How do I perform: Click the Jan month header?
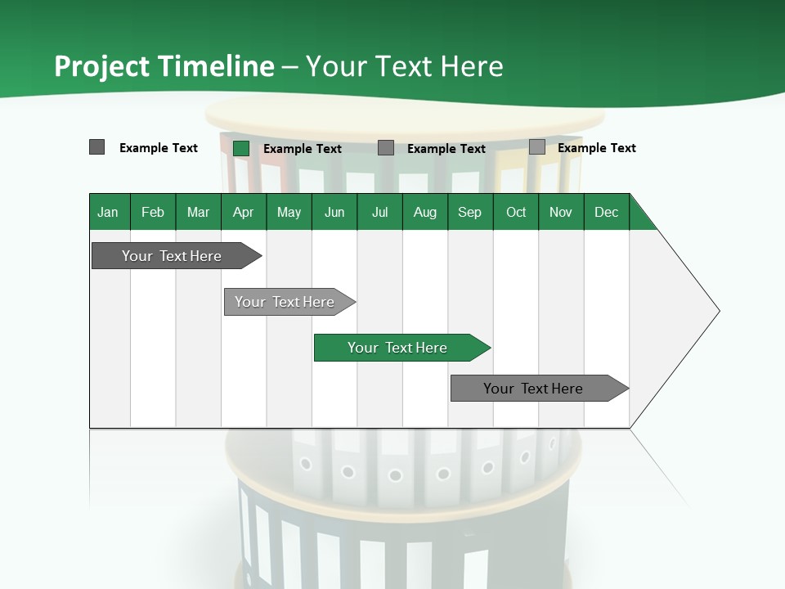108,212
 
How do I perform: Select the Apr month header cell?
243,212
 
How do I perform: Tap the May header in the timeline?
289,212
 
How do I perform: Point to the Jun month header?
334,212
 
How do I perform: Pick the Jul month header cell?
379,212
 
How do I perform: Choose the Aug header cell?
424,212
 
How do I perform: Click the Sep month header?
469,212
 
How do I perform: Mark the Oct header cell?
516,212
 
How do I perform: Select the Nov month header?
561,212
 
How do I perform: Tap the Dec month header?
606,212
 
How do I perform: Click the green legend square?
241,148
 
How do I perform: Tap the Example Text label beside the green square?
303,148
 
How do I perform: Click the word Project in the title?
101,66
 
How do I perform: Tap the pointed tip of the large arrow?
717,311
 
